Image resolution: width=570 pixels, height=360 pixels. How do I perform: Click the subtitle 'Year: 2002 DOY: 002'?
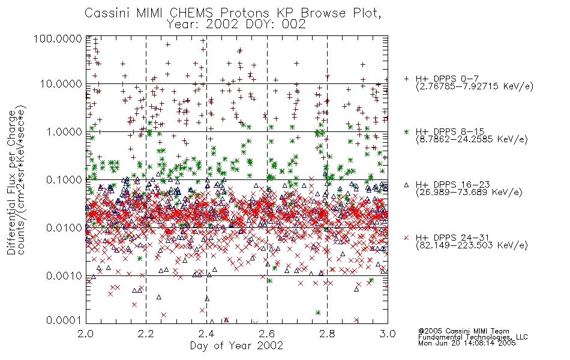[236, 25]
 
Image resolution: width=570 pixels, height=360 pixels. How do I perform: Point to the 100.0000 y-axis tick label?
[58, 38]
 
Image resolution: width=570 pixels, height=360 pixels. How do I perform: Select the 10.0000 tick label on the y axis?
[61, 84]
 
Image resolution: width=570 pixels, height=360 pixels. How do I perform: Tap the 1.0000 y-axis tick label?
[64, 132]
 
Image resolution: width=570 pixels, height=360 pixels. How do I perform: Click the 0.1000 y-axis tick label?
[64, 180]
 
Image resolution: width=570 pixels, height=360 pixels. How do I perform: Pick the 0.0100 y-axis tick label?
[64, 228]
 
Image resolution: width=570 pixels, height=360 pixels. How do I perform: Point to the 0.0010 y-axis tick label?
[64, 276]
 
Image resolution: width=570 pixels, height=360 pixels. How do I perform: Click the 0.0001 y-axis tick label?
[64, 320]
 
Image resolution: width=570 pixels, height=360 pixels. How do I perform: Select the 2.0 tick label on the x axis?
[86, 334]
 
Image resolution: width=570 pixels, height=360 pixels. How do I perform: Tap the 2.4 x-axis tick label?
[206, 334]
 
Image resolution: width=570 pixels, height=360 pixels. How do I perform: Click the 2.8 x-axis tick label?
[327, 334]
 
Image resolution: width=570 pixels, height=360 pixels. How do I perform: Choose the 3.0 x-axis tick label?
[388, 334]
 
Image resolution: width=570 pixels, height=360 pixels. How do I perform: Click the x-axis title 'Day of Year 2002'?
[236, 346]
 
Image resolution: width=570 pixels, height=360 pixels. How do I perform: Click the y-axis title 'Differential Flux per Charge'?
[11, 182]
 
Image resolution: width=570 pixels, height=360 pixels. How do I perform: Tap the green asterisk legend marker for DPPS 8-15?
[406, 131]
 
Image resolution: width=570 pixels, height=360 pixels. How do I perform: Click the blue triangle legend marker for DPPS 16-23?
[406, 185]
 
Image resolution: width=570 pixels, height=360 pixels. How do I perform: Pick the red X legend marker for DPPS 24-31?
[406, 238]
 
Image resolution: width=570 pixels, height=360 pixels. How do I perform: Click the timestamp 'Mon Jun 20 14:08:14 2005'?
[467, 343]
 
